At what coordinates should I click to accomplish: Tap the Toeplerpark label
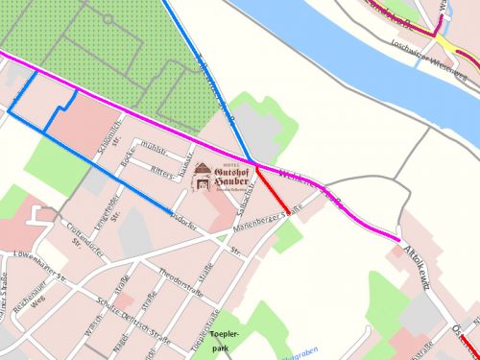click(223, 340)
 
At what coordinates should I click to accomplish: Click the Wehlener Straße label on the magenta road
click(317, 188)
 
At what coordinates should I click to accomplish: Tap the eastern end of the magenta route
click(398, 237)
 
